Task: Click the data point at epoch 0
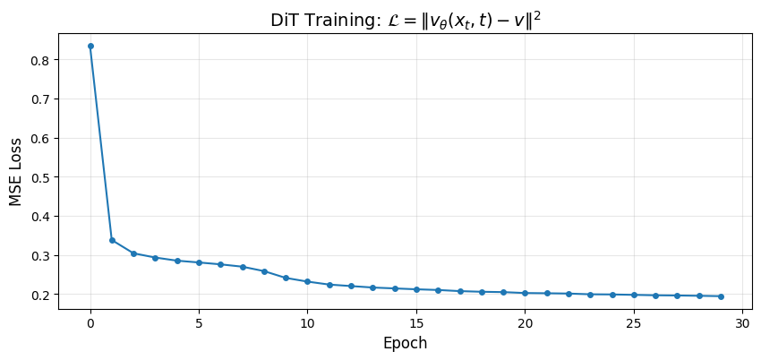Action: (x=90, y=46)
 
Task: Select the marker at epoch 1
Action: (x=112, y=240)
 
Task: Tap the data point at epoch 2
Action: (x=133, y=253)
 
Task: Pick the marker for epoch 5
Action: (x=199, y=262)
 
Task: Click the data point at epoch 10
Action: (x=307, y=281)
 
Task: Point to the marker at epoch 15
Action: (x=416, y=289)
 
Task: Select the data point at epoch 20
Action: (x=525, y=293)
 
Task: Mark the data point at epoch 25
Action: (x=634, y=295)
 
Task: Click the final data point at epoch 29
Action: (x=721, y=296)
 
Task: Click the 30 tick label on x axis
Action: (x=742, y=322)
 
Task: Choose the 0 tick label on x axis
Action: (x=90, y=322)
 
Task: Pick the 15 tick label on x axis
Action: (x=416, y=322)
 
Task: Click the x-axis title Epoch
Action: (x=405, y=343)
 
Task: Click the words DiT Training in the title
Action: (x=319, y=20)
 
